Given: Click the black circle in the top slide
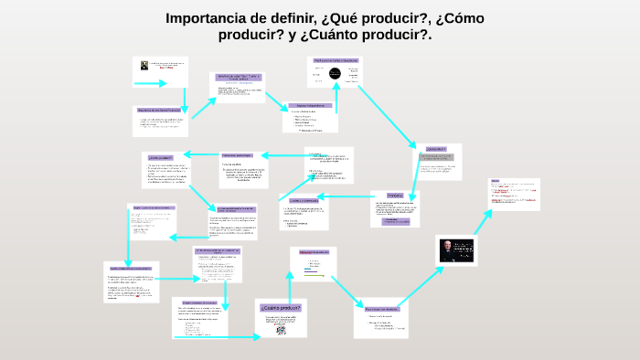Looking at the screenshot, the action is [335, 72].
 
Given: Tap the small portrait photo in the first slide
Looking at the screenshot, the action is [145, 65].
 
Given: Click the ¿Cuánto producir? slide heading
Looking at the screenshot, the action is [280, 308].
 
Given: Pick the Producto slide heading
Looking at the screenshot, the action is [394, 196].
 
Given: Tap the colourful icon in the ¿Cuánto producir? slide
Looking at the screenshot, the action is [281, 330].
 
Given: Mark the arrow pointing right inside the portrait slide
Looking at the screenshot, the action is [148, 83].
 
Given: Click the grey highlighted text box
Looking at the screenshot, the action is [436, 158].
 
